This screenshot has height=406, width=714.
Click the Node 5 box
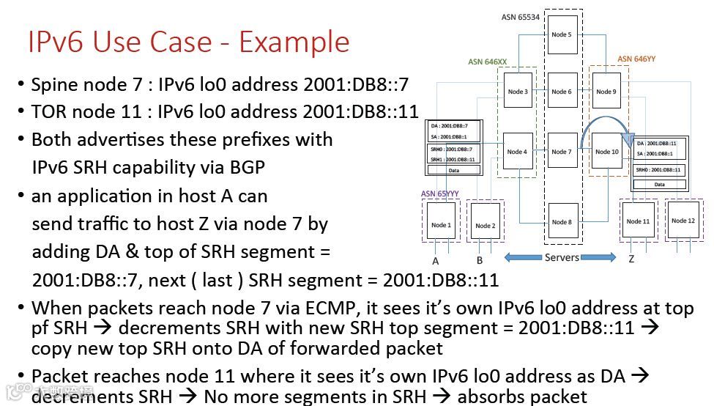[562, 34]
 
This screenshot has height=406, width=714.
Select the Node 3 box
[518, 92]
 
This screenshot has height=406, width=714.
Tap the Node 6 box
[562, 92]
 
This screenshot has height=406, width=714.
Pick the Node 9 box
[606, 92]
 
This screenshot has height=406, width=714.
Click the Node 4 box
[517, 152]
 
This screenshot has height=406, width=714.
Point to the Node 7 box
[562, 152]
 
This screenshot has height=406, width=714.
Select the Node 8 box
[562, 221]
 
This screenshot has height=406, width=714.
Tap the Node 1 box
[441, 225]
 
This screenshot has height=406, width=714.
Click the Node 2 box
[485, 225]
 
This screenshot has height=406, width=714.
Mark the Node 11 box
[638, 221]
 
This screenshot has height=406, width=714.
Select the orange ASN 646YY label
[636, 59]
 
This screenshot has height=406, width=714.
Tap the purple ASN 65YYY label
[440, 194]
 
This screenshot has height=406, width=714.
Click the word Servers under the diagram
[562, 257]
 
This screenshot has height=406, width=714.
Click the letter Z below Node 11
[631, 259]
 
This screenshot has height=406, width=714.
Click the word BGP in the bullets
[247, 167]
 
